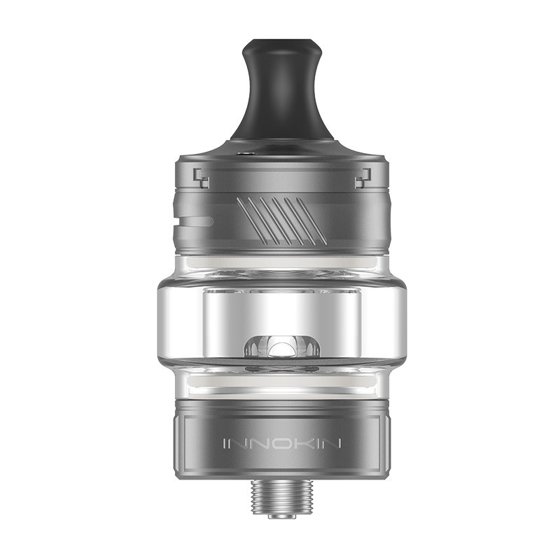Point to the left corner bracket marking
point(202,178)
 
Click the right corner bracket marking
point(362,178)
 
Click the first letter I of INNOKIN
point(225,443)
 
